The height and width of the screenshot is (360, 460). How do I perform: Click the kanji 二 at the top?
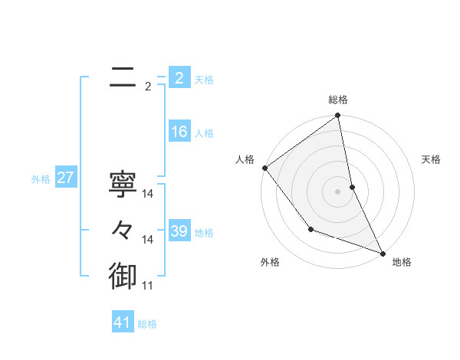[x=123, y=76]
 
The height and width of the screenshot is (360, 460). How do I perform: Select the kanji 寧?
[x=123, y=184]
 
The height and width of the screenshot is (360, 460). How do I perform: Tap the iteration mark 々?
[x=123, y=231]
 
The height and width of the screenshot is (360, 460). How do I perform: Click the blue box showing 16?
[x=179, y=132]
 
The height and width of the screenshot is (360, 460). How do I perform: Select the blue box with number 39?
[x=179, y=231]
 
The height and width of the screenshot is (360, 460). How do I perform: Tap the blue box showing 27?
[x=65, y=178]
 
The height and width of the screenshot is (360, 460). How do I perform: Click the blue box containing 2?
[x=179, y=78]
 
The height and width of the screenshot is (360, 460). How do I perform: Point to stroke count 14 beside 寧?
[x=148, y=194]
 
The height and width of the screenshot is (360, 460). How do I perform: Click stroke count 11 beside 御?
[x=148, y=286]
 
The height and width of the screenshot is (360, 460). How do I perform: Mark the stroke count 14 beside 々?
[x=148, y=240]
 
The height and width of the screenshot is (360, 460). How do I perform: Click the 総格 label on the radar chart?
[x=338, y=100]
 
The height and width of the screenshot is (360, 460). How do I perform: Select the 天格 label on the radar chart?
[x=431, y=159]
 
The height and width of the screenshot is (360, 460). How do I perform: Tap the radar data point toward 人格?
[x=264, y=168]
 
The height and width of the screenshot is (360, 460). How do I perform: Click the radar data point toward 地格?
[x=383, y=253]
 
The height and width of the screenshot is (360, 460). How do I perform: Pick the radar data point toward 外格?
[x=310, y=229]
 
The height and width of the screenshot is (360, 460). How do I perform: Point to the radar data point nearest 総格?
[x=338, y=116]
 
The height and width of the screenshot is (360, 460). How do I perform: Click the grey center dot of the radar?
[x=338, y=191]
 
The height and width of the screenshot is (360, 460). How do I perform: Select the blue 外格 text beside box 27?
[x=41, y=179]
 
